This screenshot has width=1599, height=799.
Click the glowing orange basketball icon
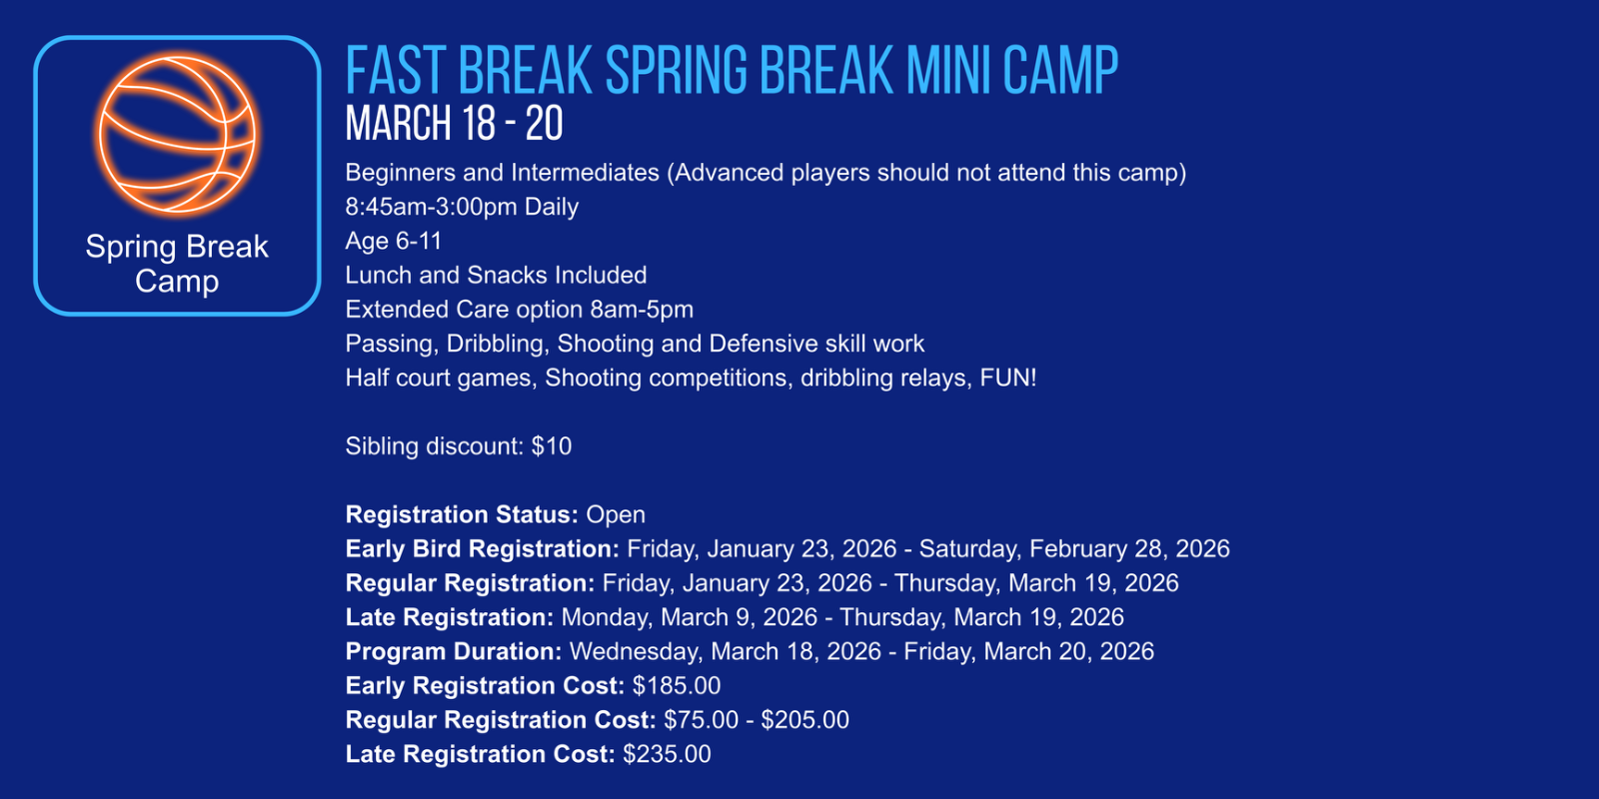click(x=177, y=135)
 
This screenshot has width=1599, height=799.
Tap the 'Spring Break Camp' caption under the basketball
click(x=177, y=264)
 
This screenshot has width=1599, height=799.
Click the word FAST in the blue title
click(x=397, y=70)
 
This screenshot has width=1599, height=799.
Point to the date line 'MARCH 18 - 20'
click(x=454, y=124)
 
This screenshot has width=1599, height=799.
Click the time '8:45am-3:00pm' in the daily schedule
click(x=431, y=207)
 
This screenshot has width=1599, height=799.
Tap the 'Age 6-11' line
click(x=394, y=241)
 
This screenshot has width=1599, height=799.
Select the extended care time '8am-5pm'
click(x=642, y=310)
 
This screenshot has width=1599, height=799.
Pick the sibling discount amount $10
click(x=551, y=446)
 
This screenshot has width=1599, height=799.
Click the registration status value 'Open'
click(x=616, y=515)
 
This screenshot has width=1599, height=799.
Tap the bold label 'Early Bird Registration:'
click(x=483, y=549)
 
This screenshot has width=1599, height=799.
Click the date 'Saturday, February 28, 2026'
click(x=1074, y=549)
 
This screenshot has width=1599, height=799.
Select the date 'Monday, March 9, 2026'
click(x=689, y=618)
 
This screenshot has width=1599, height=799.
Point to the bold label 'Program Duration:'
click(x=454, y=652)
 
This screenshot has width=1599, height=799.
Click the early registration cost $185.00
click(x=676, y=685)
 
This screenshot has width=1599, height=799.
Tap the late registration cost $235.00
click(x=667, y=754)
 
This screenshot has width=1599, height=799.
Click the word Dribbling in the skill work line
click(x=498, y=344)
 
